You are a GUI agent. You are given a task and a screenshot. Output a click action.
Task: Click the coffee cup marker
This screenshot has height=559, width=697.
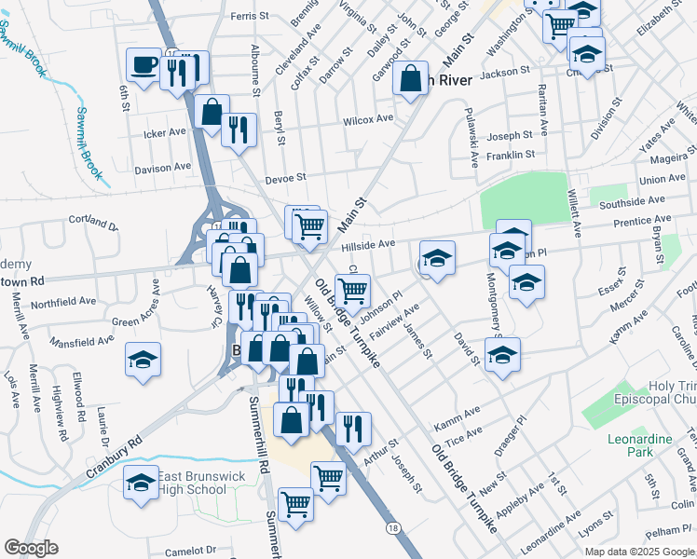coord(144,65)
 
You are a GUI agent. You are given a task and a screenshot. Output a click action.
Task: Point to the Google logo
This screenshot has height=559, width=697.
coord(31,548)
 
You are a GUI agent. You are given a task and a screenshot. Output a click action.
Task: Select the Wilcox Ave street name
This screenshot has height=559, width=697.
coord(367,119)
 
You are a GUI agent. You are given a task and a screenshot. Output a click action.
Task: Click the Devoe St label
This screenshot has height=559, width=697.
coord(286,177)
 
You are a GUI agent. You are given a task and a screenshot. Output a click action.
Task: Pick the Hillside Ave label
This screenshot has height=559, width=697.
coord(369,243)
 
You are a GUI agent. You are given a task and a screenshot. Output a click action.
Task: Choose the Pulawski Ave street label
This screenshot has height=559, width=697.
coord(473,137)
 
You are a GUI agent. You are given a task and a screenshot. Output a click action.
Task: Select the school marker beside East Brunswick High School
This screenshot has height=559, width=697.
coord(142,482)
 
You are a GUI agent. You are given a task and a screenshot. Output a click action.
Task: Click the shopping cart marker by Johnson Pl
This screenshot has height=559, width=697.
coord(352,291)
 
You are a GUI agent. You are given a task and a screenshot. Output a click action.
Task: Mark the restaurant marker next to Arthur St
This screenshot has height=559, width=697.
coord(352,428)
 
